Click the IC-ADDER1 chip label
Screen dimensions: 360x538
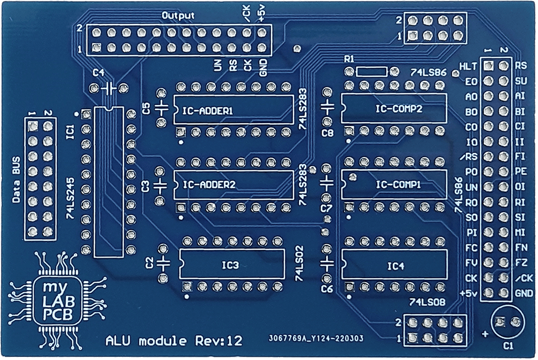point(207,111)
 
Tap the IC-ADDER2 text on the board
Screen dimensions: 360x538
point(209,185)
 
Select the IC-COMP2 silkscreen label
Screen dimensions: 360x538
point(399,108)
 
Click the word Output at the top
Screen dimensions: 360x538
point(178,15)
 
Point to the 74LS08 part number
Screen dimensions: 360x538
point(428,303)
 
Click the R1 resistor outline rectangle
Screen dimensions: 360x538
point(370,72)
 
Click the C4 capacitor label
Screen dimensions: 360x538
point(98,73)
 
